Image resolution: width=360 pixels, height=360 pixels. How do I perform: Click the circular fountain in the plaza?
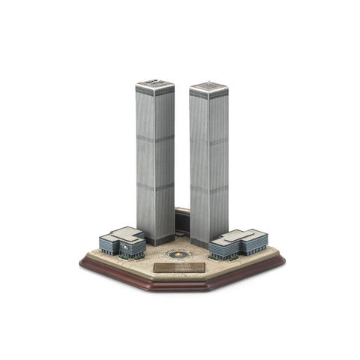click(x=178, y=254)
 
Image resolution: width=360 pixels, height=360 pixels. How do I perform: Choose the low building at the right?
click(x=239, y=243)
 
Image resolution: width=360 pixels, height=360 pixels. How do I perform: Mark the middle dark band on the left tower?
click(x=155, y=139)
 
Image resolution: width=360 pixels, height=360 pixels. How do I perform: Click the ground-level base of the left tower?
click(x=157, y=239)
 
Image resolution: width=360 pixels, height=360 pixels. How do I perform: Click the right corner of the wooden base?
click(x=283, y=262)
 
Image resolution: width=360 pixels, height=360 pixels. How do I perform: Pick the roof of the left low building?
click(x=124, y=233)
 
